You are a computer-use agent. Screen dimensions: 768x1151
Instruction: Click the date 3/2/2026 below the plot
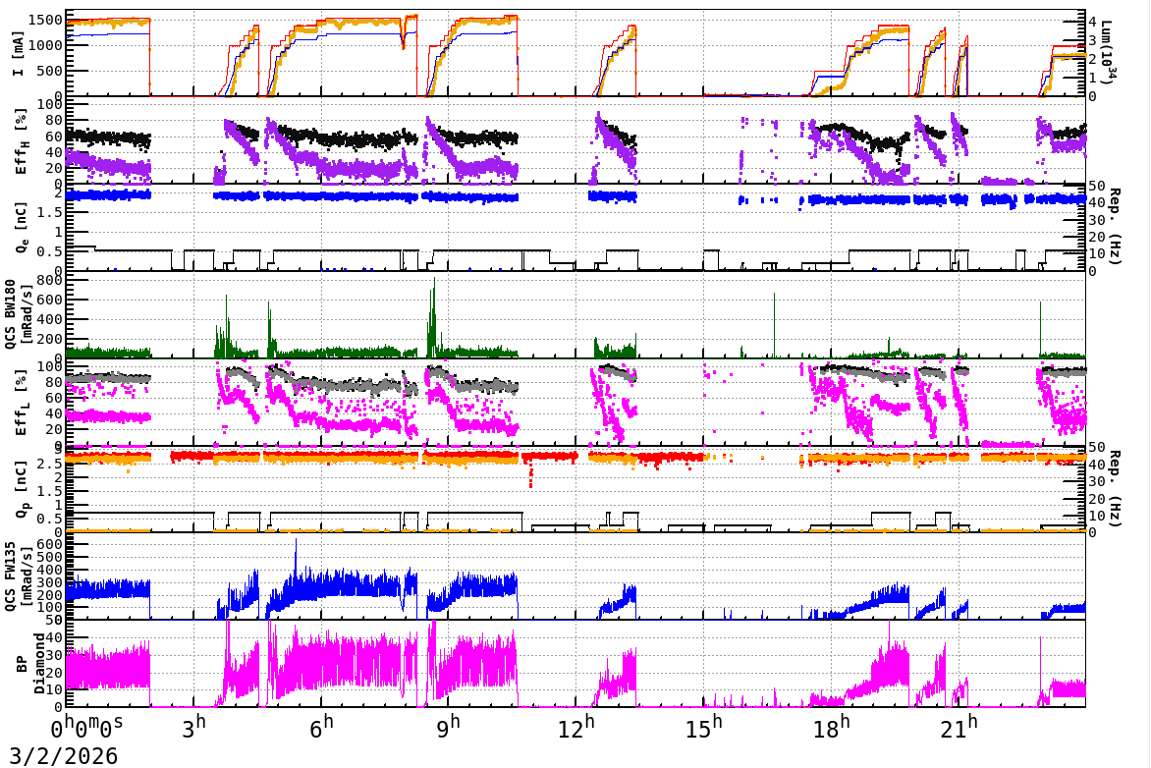(x=59, y=754)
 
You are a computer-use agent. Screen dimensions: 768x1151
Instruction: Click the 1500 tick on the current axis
(x=49, y=21)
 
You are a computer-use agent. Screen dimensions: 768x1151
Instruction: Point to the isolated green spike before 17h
(x=774, y=295)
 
